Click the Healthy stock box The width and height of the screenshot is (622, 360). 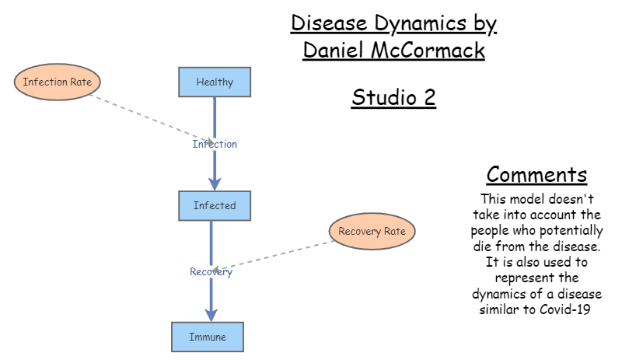(215, 82)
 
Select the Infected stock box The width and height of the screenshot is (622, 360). (215, 205)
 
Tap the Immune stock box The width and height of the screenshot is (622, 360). (208, 337)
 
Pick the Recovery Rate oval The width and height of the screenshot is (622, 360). (372, 231)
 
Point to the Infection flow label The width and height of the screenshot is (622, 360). (215, 144)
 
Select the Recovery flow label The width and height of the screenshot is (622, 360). (211, 271)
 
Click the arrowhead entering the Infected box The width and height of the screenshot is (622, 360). (215, 183)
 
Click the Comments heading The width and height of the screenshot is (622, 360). (536, 174)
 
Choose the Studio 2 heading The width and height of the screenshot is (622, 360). (394, 98)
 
